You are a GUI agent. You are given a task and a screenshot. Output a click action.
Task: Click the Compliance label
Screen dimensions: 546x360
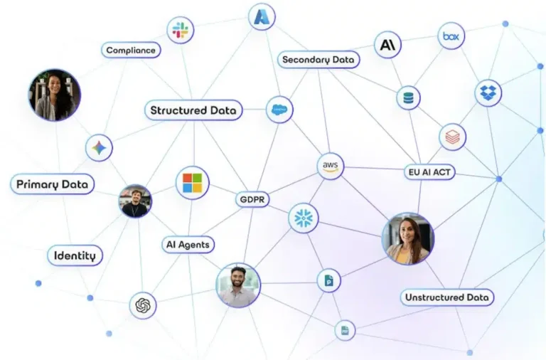[x=131, y=51]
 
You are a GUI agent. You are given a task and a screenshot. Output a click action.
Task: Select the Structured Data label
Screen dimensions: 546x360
[x=193, y=110]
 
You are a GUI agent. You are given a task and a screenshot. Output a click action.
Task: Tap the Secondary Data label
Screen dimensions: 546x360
[x=318, y=60]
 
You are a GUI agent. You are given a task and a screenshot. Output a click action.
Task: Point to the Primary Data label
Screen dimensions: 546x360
[x=52, y=184]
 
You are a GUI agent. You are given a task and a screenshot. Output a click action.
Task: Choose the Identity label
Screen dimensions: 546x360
[x=75, y=255]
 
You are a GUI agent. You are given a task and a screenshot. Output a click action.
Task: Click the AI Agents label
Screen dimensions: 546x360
[x=188, y=245]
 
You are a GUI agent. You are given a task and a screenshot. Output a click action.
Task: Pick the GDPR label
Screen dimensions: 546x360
[x=252, y=200]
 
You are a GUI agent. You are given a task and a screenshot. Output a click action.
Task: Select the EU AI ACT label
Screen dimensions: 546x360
[x=429, y=172]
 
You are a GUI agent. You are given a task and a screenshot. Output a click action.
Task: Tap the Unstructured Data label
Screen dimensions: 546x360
[x=447, y=297]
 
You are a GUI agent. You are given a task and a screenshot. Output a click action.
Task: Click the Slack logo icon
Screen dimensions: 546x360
[x=181, y=30]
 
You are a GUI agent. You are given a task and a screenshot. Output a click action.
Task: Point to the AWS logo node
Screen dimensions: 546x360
[x=331, y=166]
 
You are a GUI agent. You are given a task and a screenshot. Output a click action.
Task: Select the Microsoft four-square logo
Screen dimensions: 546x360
[x=193, y=183]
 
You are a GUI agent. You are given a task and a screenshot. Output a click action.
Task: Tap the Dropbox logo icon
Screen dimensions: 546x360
[x=488, y=92]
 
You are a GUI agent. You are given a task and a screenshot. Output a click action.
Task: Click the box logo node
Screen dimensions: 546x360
[x=451, y=36]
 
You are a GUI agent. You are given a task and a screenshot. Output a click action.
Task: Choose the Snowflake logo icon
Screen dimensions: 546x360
[x=304, y=218]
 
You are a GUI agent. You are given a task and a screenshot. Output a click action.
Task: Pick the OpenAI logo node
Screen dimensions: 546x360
[x=143, y=306]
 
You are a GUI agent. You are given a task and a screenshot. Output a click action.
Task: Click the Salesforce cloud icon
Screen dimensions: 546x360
[x=279, y=110]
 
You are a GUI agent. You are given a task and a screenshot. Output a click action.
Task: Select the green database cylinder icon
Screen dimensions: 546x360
[x=409, y=98]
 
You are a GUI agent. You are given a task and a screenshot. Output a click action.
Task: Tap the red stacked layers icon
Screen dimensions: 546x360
[x=453, y=137]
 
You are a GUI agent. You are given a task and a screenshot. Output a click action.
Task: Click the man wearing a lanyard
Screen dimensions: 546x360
[x=136, y=201]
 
